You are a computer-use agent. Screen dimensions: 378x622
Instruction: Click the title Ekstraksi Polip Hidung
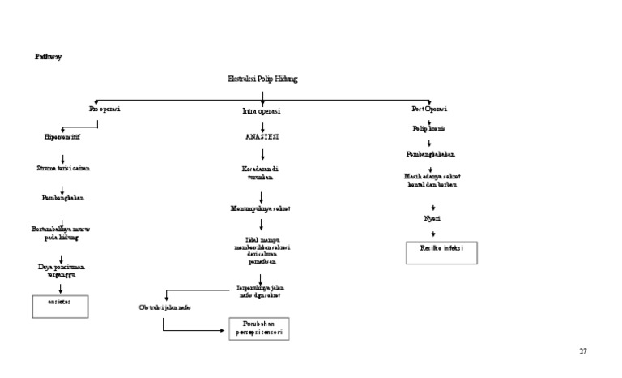coord(262,79)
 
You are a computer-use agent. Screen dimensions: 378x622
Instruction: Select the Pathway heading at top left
coord(48,57)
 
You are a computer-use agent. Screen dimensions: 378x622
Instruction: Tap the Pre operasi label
coord(104,109)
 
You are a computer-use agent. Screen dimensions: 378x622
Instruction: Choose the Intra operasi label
coord(262,110)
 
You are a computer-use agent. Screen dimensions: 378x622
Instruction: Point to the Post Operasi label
coord(430,109)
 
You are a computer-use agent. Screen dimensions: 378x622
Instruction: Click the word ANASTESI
coord(262,137)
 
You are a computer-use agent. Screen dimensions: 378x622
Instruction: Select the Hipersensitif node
coord(62,137)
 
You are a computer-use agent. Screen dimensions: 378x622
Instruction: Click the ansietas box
coord(60,306)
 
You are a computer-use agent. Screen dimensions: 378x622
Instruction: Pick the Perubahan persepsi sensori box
coord(257,328)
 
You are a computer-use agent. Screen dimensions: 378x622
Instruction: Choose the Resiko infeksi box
coord(441,252)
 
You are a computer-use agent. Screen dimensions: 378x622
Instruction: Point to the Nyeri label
coord(432,218)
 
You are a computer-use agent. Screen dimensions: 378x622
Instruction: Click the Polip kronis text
coord(429,129)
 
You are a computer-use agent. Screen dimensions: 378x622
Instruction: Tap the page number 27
coord(582,351)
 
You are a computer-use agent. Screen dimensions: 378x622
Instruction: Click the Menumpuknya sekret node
coord(261,209)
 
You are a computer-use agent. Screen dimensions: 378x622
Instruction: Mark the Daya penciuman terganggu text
coord(62,270)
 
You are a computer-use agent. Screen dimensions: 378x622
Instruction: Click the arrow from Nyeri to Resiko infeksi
coord(433,233)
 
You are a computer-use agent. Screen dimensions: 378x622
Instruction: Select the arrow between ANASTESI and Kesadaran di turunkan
coord(262,153)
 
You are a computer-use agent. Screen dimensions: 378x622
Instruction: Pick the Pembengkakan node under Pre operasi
coord(62,197)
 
